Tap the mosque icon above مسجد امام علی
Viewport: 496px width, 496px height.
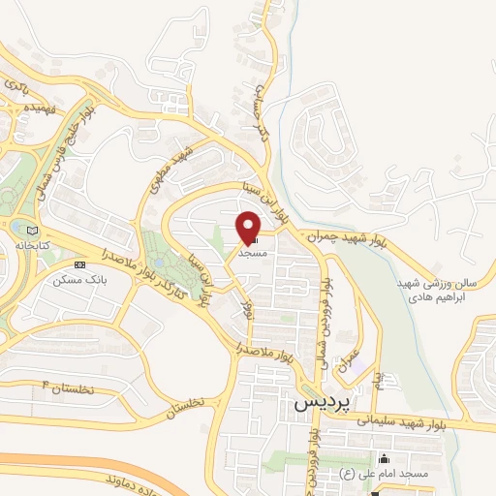[x=387, y=457]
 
